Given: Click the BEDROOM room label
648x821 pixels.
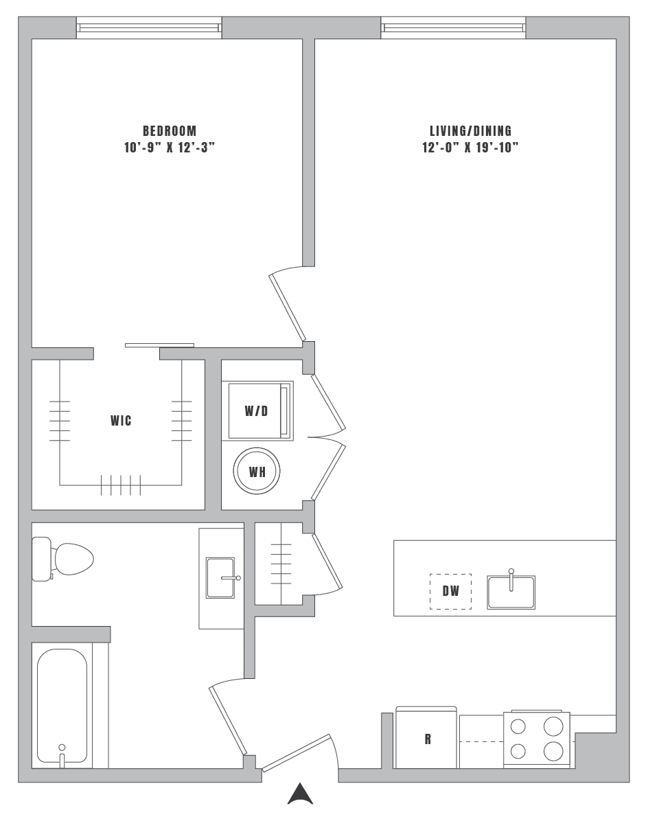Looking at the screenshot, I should pyautogui.click(x=169, y=130).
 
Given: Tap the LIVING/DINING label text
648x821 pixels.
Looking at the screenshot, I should pyautogui.click(x=470, y=130).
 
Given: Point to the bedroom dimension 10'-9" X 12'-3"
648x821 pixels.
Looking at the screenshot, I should pyautogui.click(x=169, y=148).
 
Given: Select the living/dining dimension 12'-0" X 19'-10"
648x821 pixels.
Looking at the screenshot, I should pyautogui.click(x=470, y=148).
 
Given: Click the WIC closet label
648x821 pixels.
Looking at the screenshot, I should pyautogui.click(x=121, y=420).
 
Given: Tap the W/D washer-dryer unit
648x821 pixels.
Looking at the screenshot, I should pyautogui.click(x=257, y=410).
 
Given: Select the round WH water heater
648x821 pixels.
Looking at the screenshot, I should pyautogui.click(x=257, y=472).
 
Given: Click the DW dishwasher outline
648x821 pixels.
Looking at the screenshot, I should pyautogui.click(x=450, y=591).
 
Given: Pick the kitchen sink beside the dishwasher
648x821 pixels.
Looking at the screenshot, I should pyautogui.click(x=511, y=592).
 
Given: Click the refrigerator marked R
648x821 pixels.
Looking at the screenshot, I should pyautogui.click(x=426, y=738).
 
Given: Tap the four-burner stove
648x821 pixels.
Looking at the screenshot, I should pyautogui.click(x=536, y=739).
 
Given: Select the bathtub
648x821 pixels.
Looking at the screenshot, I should pyautogui.click(x=62, y=707).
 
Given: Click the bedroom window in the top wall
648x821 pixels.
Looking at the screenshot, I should pyautogui.click(x=148, y=27).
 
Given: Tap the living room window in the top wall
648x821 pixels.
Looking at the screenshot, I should pyautogui.click(x=453, y=27).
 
